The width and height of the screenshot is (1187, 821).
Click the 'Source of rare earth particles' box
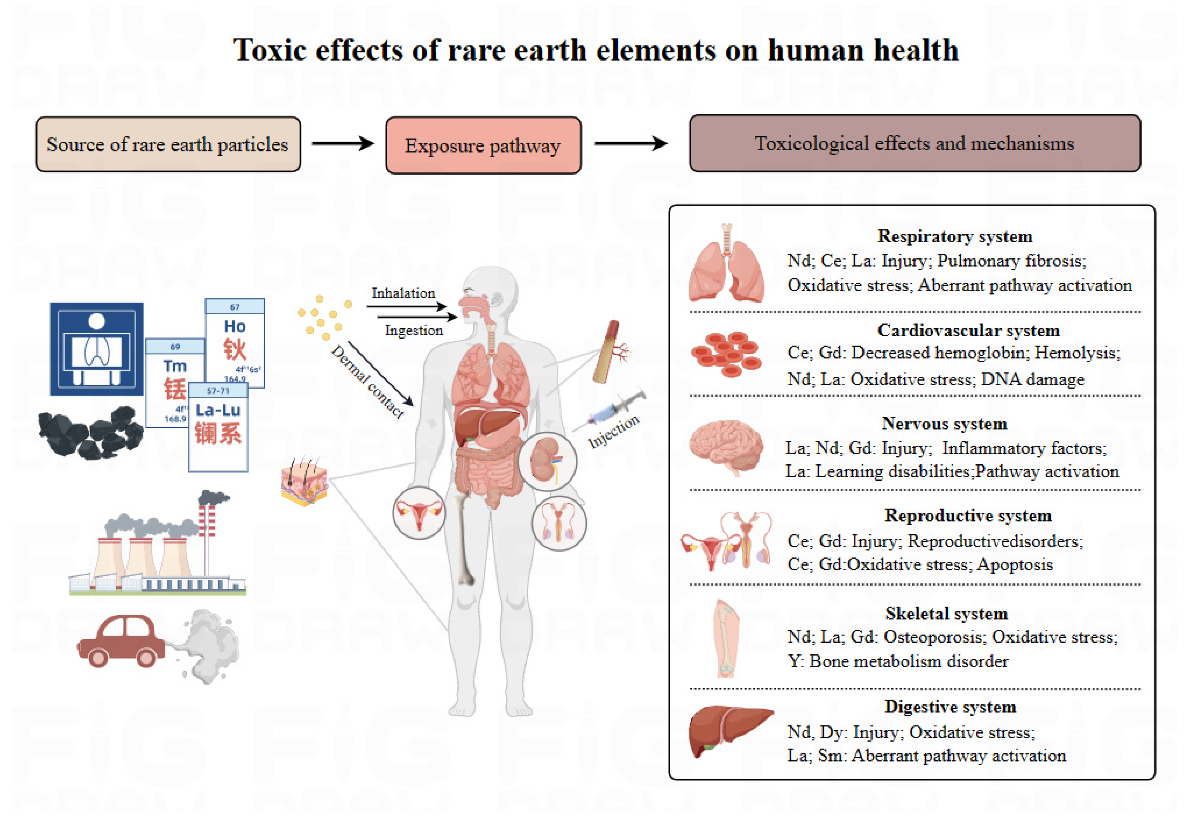168,145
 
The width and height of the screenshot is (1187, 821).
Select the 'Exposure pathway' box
483,145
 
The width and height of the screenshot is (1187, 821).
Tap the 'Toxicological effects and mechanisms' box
914,143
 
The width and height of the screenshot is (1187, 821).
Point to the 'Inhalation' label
403,293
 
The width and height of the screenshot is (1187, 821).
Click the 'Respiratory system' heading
954,236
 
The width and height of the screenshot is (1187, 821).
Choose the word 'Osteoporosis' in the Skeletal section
934,637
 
